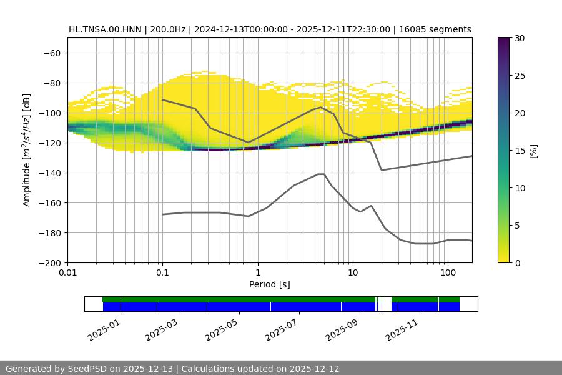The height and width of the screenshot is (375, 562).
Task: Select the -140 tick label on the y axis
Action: point(49,172)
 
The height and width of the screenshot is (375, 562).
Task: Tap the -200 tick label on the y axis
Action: point(49,262)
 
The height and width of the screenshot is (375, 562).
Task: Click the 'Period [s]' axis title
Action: point(269,285)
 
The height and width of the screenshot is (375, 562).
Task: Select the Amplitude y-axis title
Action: point(27,150)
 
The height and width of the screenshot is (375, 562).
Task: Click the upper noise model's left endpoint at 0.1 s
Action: point(162,99)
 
